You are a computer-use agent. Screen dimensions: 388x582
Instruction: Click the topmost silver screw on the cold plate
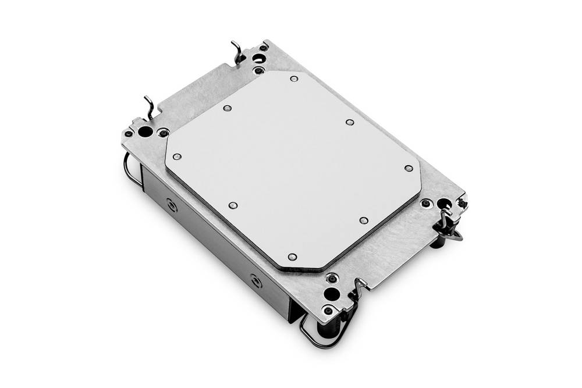pos(294,78)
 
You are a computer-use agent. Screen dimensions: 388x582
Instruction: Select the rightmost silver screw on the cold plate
pos(409,168)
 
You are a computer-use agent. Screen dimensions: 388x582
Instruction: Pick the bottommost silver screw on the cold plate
pos(292,257)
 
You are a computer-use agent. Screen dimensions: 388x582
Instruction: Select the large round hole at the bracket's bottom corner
pos(332,293)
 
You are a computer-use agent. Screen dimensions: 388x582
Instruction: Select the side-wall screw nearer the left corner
pos(171,205)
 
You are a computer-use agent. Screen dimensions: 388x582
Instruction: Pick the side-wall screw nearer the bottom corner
pos(255,281)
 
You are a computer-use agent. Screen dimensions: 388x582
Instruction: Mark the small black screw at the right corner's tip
pos(463,201)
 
